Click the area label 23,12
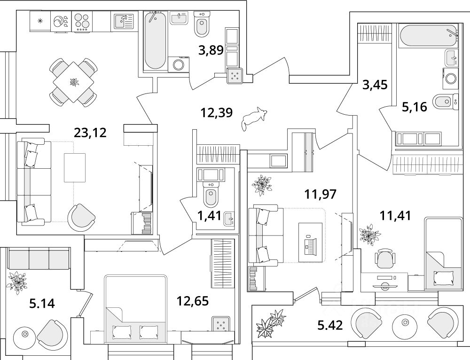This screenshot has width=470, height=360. coord(90,133)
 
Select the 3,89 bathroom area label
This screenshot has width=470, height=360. coord(211,50)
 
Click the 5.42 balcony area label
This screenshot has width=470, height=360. coord(330,325)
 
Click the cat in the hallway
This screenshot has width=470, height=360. coord(252,118)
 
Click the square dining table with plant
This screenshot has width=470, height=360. coord(74,82)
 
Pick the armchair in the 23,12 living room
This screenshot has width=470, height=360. coord(82,217)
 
